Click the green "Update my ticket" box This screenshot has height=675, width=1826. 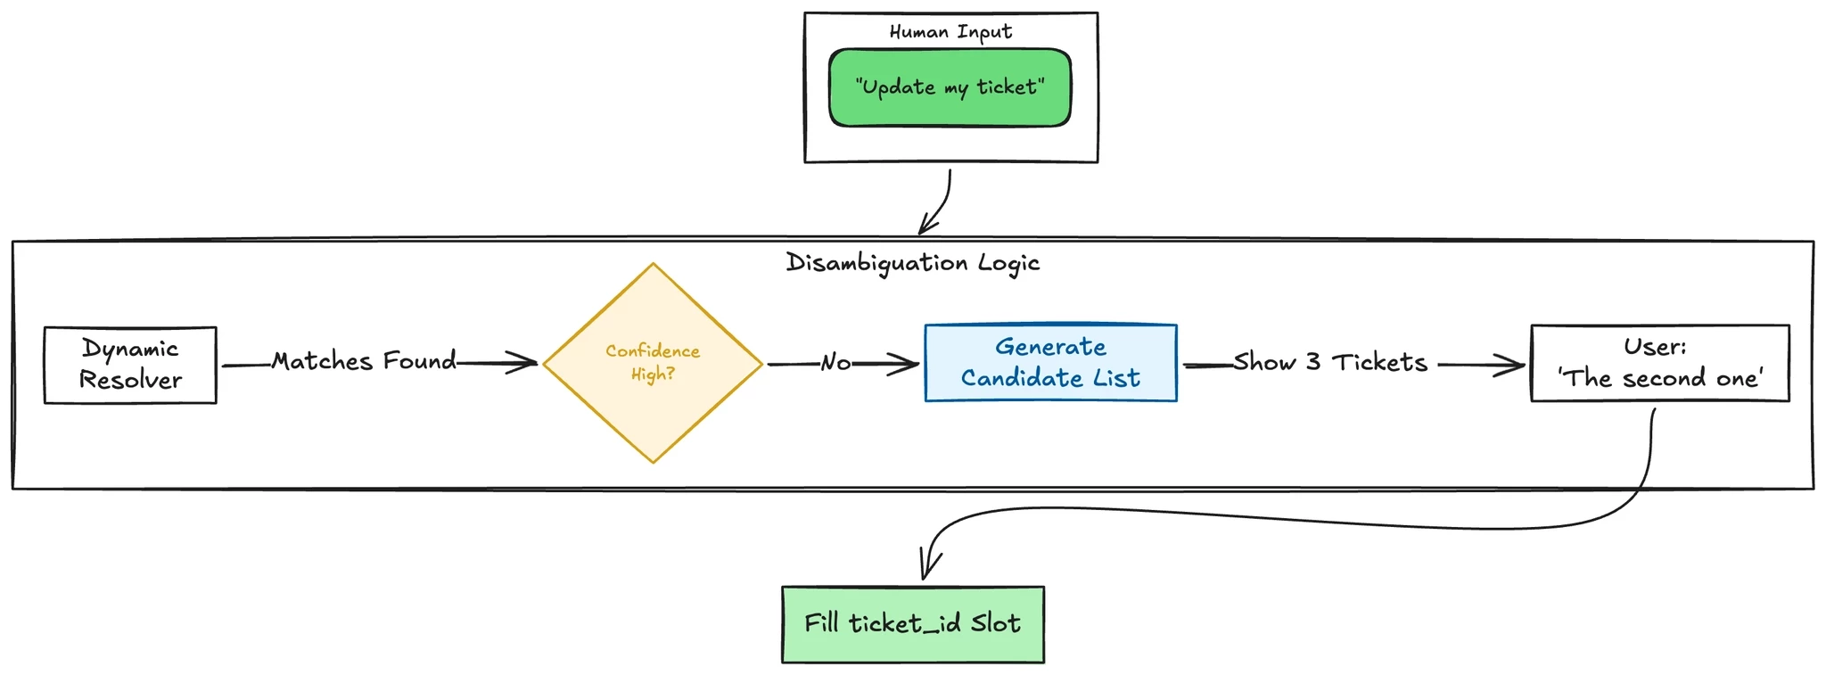(x=950, y=87)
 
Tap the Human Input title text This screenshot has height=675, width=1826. (x=950, y=32)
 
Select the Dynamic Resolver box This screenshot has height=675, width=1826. (x=130, y=365)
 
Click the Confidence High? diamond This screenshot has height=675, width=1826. (x=653, y=363)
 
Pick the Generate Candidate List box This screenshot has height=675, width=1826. (x=1050, y=363)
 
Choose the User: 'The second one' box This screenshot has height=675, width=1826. (x=1659, y=363)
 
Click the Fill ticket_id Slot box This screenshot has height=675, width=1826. (x=912, y=624)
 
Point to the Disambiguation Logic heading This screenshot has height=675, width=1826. (x=912, y=263)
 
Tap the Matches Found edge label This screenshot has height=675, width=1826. (x=364, y=361)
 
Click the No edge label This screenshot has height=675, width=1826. (x=835, y=363)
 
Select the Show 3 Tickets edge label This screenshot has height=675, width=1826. (x=1330, y=363)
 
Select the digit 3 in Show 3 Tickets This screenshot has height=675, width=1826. (x=1312, y=362)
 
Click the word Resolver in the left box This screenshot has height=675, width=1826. (x=130, y=380)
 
